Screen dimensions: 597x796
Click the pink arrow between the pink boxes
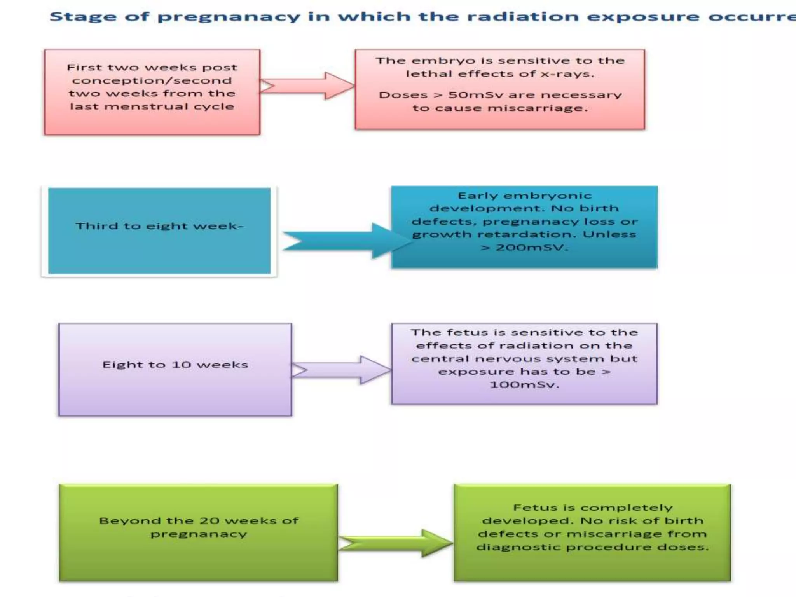click(307, 86)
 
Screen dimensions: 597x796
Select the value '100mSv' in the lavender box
click(524, 385)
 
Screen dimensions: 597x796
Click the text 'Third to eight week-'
click(159, 226)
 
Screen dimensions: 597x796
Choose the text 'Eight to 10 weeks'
click(175, 365)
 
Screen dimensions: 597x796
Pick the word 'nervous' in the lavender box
click(501, 359)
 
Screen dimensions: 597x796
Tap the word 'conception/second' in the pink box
click(152, 81)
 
